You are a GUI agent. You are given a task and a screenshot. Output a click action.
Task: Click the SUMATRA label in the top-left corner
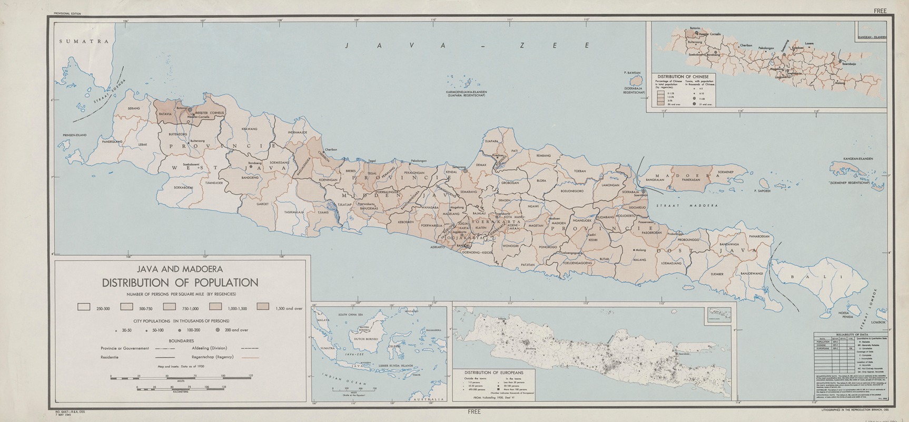pos(84,41)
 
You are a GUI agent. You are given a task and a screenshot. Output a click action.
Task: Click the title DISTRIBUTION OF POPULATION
pos(180,282)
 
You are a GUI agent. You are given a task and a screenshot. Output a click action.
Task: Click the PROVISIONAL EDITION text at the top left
pos(67,12)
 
